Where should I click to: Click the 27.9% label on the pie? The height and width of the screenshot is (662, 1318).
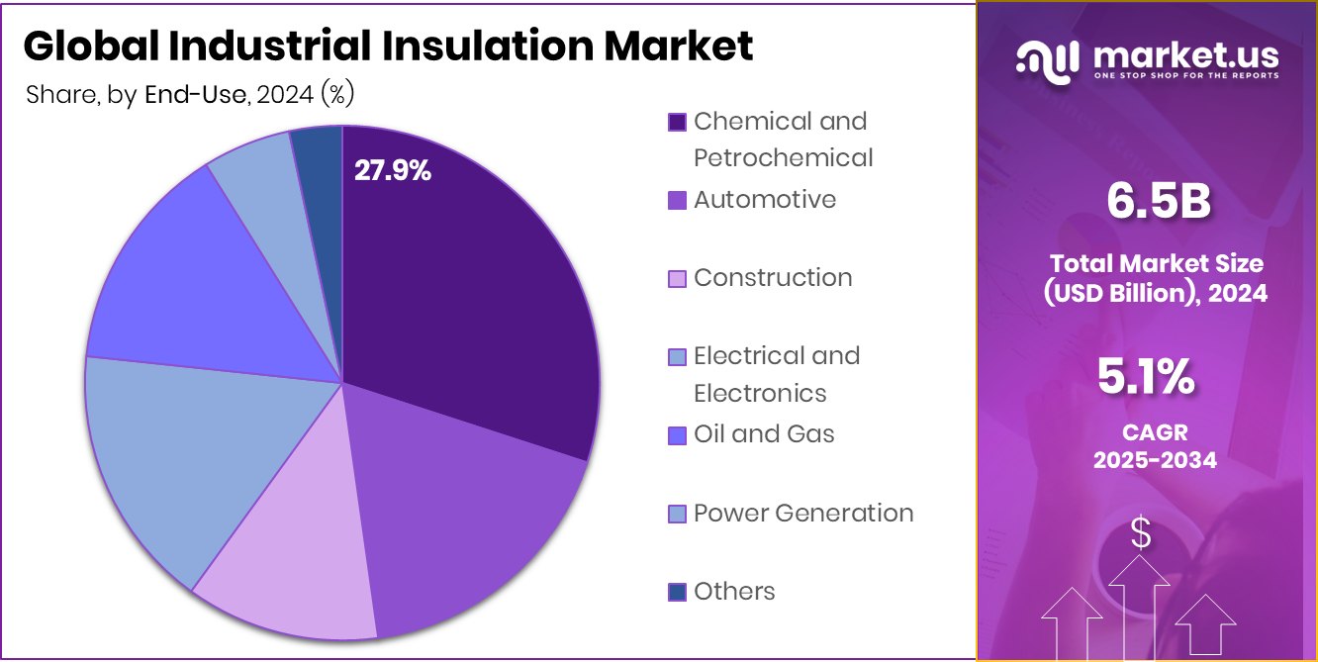[393, 171]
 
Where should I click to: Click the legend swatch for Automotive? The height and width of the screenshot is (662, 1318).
[677, 200]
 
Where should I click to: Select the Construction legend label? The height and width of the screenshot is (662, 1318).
[773, 277]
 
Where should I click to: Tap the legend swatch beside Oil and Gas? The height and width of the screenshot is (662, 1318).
[677, 434]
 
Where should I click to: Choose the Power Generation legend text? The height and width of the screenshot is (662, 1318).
[803, 513]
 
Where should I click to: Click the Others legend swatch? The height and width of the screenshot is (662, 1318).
[677, 592]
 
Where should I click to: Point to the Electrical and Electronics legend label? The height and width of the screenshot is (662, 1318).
[777, 374]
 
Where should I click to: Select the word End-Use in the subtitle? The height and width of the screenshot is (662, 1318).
[195, 95]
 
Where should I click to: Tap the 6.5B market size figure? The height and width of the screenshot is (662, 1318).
[1158, 203]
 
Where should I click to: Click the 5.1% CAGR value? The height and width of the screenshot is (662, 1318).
[1146, 377]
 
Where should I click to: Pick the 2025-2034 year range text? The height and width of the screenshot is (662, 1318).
[1155, 460]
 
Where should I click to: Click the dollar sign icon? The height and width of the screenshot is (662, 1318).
[1141, 535]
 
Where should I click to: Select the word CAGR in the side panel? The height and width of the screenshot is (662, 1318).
[1155, 432]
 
